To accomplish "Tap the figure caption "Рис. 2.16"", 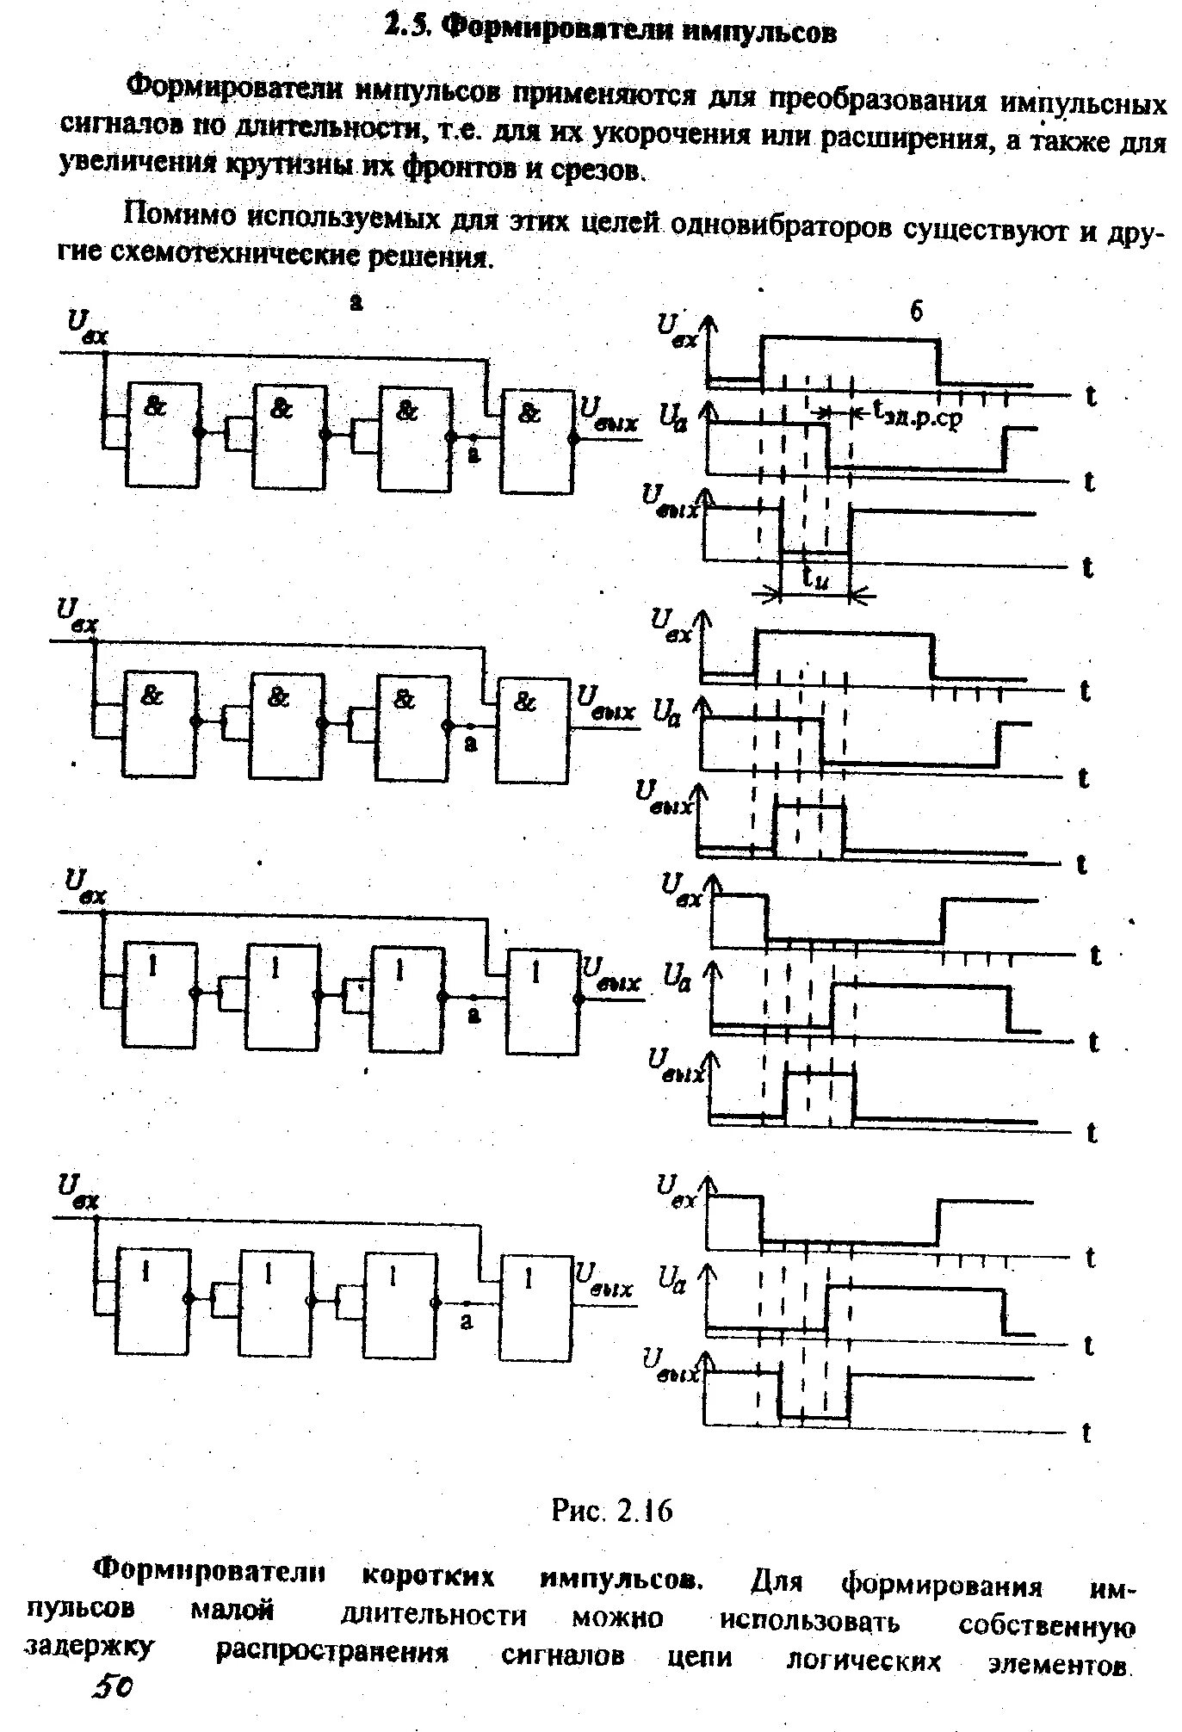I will coord(610,1511).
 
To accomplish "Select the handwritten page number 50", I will coord(112,1709).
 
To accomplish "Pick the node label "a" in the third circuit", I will coord(473,1015).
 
